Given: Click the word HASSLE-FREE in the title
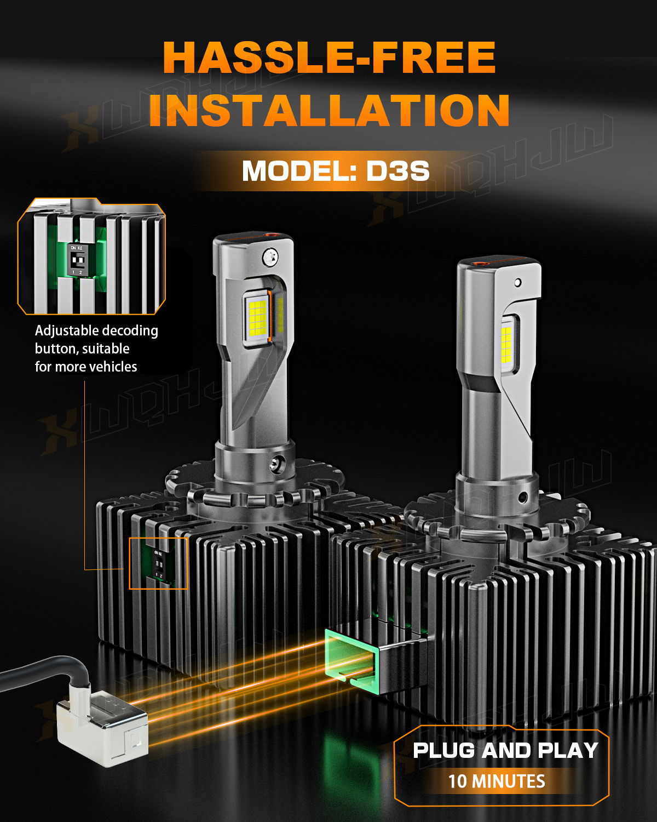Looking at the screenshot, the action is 329,58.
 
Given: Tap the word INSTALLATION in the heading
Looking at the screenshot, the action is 329,110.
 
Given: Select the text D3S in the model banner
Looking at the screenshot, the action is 397,171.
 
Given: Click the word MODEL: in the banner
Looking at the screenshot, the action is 299,171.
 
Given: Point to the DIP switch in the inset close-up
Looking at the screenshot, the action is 78,260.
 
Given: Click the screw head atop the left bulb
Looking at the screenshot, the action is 270,257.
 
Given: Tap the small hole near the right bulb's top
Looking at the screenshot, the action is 517,283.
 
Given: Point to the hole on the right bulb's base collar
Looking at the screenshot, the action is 523,498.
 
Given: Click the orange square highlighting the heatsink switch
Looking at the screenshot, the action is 158,563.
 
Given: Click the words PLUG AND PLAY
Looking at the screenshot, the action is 505,750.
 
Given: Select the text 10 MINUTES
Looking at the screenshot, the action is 497,781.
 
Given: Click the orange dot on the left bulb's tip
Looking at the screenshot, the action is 272,233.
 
